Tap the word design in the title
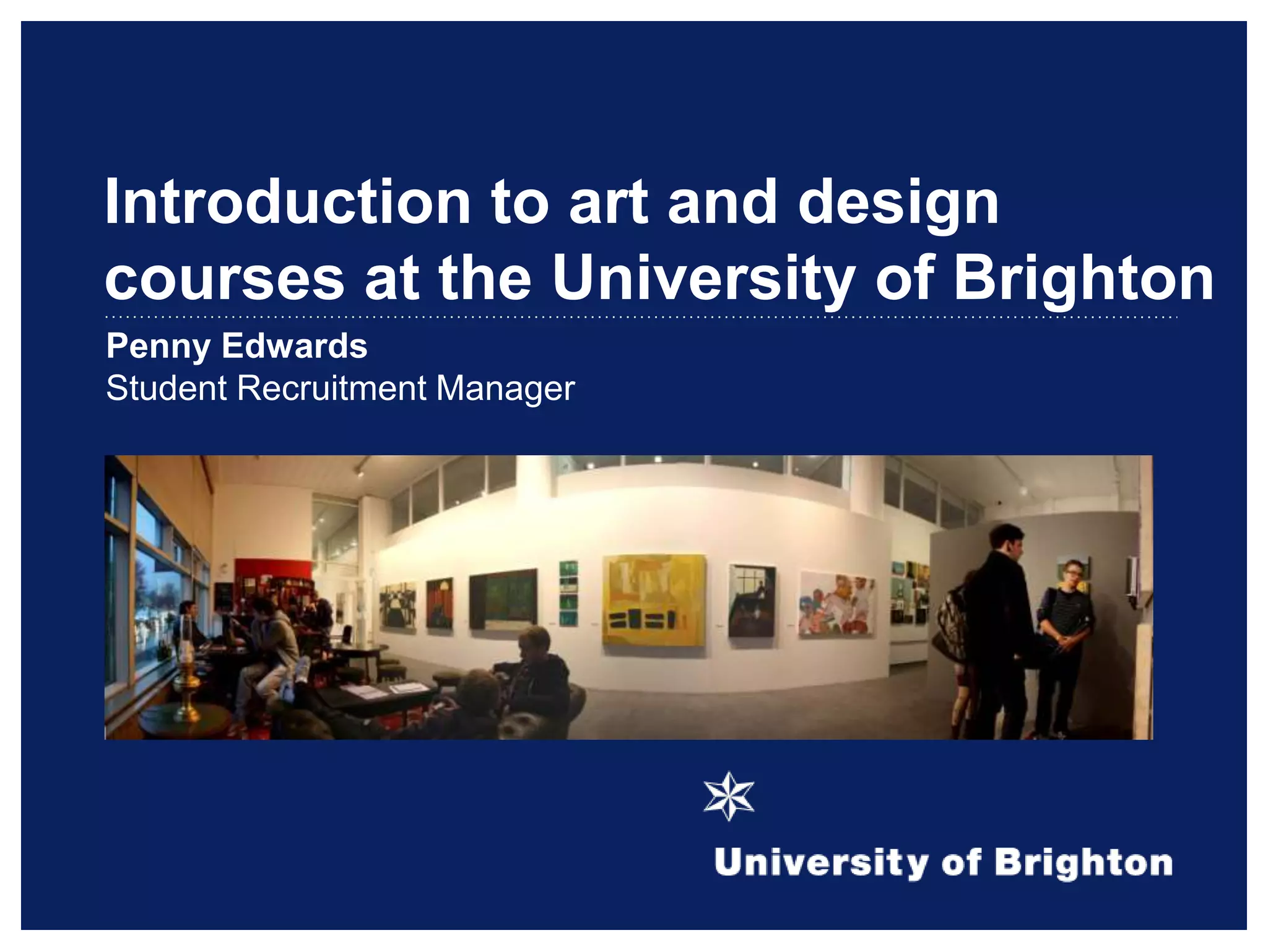click(x=898, y=202)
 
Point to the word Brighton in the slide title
click(x=1083, y=279)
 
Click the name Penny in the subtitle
click(x=158, y=346)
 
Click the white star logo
click(x=729, y=796)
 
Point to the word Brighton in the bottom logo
click(x=1083, y=863)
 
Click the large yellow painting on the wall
click(x=654, y=599)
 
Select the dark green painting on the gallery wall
click(x=503, y=598)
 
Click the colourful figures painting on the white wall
click(x=836, y=604)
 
